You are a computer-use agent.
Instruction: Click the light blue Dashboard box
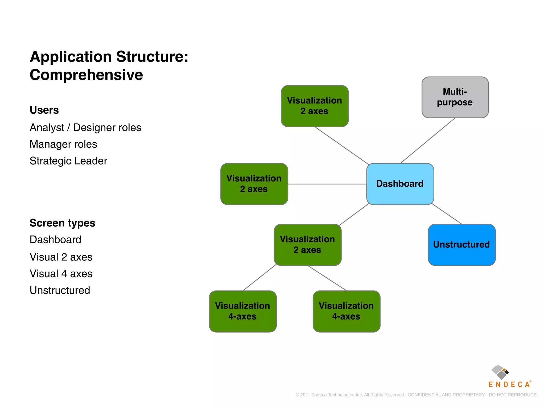coord(400,184)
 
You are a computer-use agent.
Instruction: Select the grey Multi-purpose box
coord(455,97)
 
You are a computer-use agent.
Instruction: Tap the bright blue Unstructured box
coord(461,245)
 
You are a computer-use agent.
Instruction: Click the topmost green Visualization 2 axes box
coord(315,106)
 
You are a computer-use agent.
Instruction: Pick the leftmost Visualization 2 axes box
coord(254,184)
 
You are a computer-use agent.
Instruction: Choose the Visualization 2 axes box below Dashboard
coord(307,245)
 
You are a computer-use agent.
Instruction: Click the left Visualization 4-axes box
coord(242,311)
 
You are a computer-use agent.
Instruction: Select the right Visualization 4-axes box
coord(346,311)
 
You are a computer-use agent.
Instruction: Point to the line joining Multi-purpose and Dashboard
coord(428,141)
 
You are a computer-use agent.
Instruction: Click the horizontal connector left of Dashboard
coord(327,184)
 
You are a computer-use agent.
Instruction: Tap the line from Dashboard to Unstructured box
coord(447,214)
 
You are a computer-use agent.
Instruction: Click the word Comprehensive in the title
coord(86,75)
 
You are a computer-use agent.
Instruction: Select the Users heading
coord(44,110)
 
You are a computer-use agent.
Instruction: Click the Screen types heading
coord(62,223)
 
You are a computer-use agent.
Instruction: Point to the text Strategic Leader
coord(68,161)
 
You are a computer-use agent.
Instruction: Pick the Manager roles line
coord(63,144)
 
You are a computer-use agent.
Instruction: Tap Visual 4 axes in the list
coord(61,274)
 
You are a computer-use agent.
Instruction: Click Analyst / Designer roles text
coord(85,128)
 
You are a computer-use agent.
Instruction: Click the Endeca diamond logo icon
coord(500,372)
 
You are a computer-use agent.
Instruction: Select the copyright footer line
coord(416,395)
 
